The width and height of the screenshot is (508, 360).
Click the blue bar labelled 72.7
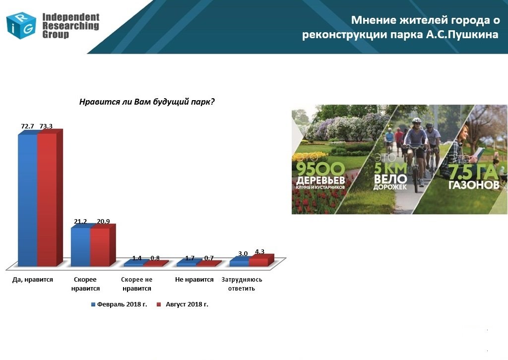28,200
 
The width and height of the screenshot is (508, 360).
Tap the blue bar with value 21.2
81,246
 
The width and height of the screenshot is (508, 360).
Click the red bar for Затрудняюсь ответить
261,261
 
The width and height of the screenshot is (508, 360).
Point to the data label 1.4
137,258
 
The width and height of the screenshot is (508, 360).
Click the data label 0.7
209,258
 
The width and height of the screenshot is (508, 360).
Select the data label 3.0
243,253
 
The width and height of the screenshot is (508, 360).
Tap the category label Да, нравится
32,280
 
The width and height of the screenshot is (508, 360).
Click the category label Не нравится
194,279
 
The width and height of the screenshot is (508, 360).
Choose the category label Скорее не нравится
137,284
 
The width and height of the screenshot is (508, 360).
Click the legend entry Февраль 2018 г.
119,304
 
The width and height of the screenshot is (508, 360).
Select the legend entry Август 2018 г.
183,304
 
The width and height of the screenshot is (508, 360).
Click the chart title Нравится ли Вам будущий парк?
147,102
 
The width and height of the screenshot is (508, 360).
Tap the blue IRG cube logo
21,26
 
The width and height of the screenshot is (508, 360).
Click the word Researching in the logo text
70,26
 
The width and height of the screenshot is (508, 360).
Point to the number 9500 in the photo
321,169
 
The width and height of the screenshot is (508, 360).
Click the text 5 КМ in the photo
390,168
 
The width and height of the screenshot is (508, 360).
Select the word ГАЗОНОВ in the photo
474,184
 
